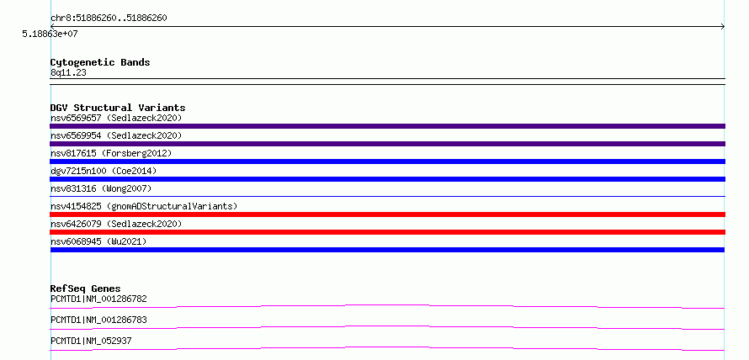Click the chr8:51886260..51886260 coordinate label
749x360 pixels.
pos(109,19)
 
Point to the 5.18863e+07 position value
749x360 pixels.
pos(50,34)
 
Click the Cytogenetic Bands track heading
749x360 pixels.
pos(100,62)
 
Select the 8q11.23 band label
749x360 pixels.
pos(68,73)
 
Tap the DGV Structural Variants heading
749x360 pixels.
pos(118,108)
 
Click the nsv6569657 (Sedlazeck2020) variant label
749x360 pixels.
pos(116,118)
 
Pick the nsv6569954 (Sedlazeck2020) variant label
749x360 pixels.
pos(116,135)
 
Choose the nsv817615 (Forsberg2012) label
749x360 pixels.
pos(111,153)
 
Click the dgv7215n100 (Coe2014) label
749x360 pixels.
pos(104,171)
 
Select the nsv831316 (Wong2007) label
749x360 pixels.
pos(101,188)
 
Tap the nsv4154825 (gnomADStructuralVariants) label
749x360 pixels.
pos(144,206)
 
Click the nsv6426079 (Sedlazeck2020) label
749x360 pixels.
pos(116,224)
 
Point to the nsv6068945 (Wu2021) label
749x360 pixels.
pos(98,241)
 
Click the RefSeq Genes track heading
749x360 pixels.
pos(85,289)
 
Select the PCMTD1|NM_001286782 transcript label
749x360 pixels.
pos(98,299)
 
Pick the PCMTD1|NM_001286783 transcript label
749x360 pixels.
pos(98,320)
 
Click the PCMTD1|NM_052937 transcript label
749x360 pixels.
pos(91,341)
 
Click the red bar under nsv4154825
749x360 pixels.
pos(387,214)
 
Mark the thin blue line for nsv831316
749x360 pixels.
pos(387,196)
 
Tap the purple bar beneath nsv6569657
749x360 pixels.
pos(387,126)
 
